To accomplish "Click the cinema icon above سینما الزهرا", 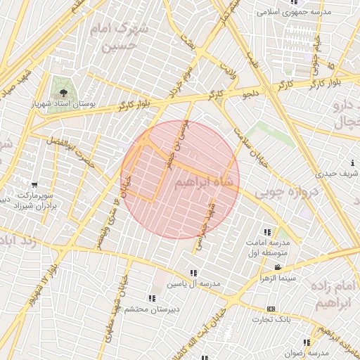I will [279, 267].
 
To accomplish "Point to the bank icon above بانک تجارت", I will [271, 309].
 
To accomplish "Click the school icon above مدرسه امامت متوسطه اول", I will [266, 232].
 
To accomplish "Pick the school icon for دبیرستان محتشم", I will [154, 298].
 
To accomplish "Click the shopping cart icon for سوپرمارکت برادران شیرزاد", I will [32, 184].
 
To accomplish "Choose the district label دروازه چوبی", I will [281, 191].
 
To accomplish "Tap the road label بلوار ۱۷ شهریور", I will [41, 281].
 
